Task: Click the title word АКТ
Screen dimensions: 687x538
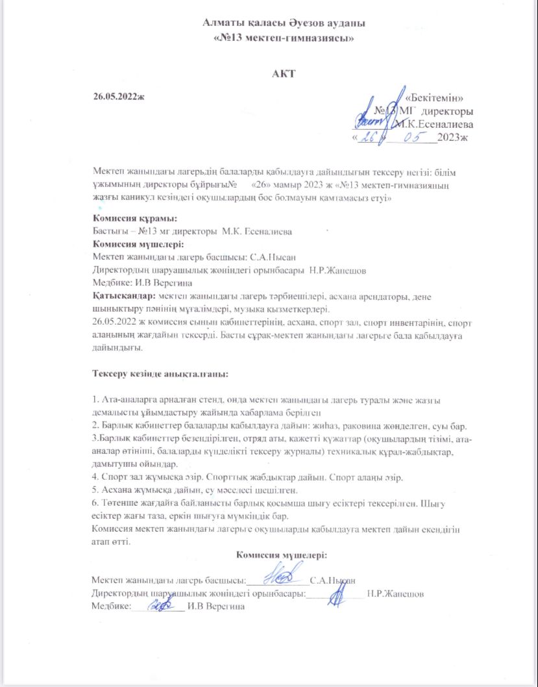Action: click(284, 73)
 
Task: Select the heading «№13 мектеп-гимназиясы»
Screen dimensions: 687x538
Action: click(284, 38)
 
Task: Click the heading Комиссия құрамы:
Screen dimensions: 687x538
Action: click(134, 219)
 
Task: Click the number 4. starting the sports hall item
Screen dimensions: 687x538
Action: click(96, 477)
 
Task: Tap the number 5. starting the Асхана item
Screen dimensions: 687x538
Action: click(96, 490)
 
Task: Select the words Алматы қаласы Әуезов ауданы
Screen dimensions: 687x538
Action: click(284, 23)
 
